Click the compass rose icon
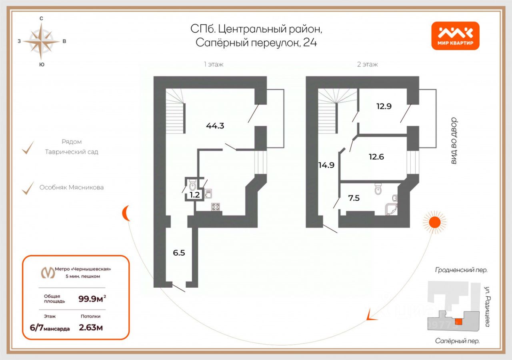tap(41, 41)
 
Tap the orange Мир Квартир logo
tap(455, 36)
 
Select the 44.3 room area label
tap(215, 126)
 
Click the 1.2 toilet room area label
tap(195, 195)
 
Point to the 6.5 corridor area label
tap(179, 253)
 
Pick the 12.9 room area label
tap(383, 106)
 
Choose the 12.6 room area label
tap(376, 157)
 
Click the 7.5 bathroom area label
tap(354, 197)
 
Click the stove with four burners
tap(216, 207)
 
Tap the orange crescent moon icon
tap(126, 213)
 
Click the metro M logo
tap(48, 272)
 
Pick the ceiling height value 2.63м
tap(91, 328)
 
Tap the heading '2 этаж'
tap(367, 64)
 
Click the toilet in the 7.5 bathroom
tap(378, 189)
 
